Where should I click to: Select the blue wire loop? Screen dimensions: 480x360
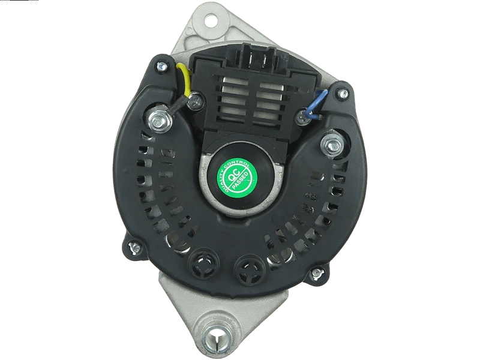316,104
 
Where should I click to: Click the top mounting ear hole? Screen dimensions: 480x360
211,21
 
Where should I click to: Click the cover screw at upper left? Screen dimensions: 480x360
162,66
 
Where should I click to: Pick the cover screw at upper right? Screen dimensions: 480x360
342,94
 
